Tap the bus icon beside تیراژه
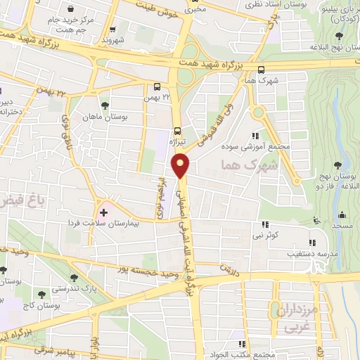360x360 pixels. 176,130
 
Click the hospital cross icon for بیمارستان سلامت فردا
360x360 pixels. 104,211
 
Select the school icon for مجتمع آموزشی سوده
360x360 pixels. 255,136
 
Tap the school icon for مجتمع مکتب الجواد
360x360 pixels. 243,343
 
